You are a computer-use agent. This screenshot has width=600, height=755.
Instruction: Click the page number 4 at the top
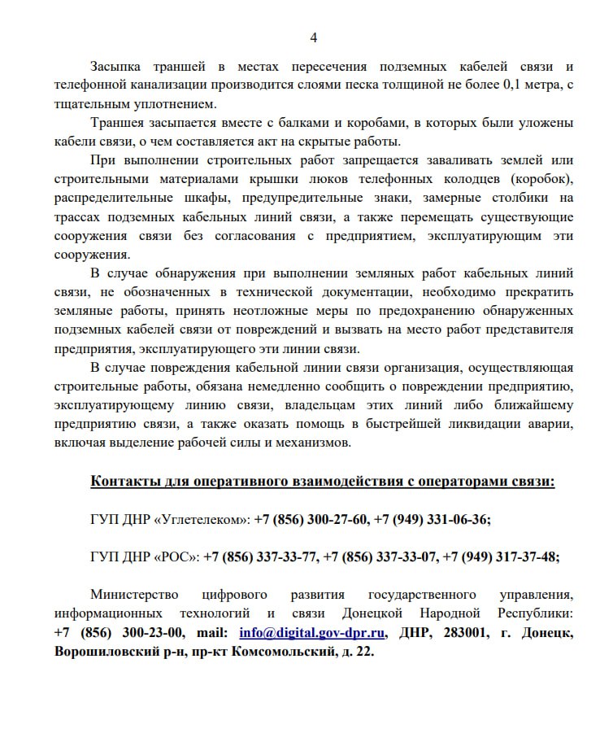[314, 37]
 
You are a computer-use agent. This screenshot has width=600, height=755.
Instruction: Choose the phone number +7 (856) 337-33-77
[260, 557]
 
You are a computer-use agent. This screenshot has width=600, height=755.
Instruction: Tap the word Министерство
[133, 595]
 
